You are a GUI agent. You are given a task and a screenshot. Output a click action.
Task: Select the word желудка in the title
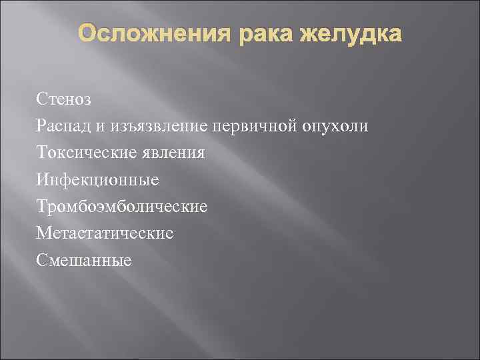(351, 34)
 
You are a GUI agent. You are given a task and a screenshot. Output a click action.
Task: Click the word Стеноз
(64, 99)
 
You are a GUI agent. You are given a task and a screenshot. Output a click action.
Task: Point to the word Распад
(67, 127)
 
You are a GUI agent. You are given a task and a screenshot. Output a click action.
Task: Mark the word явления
(177, 153)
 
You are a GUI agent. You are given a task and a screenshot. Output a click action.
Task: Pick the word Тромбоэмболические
(123, 206)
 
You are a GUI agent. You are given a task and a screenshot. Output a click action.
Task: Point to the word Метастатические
(105, 233)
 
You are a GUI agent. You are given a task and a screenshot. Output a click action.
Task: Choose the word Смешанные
(85, 259)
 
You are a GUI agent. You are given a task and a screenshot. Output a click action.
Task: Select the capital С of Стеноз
(43, 99)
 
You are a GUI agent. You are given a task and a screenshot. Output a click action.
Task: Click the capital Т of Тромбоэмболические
(43, 206)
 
